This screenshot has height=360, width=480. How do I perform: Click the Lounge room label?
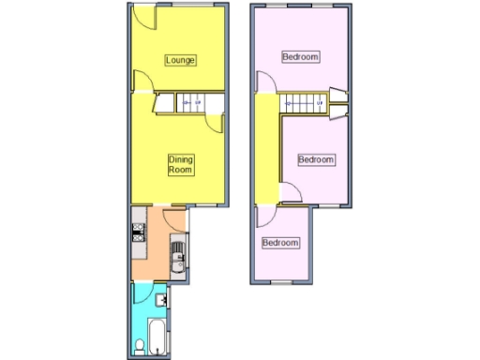pyautogui.click(x=181, y=61)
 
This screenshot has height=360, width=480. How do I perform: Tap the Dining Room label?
pyautogui.click(x=181, y=165)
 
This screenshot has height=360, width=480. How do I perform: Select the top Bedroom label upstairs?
pyautogui.click(x=301, y=57)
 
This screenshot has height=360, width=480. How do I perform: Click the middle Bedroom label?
pyautogui.click(x=316, y=159)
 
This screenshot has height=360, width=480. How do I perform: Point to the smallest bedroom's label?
pyautogui.click(x=280, y=243)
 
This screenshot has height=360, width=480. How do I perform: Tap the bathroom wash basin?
pyautogui.click(x=162, y=301)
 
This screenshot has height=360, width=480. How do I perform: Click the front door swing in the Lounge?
pyautogui.click(x=142, y=16)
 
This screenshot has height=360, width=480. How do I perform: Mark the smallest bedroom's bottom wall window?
pyautogui.click(x=281, y=283)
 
